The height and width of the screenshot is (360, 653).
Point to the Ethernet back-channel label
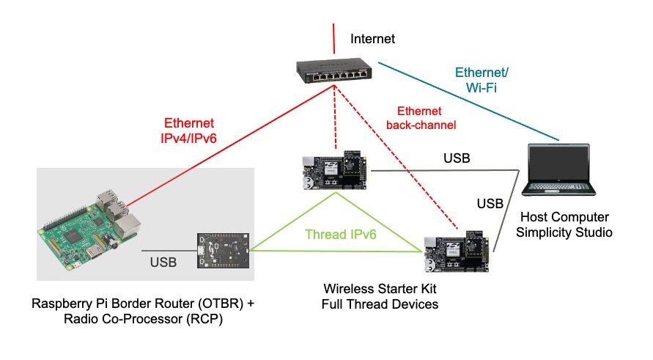click(x=421, y=118)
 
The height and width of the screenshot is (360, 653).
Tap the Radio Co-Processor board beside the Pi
click(x=224, y=253)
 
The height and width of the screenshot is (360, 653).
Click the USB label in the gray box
click(x=163, y=261)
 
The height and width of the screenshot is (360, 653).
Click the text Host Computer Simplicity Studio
click(x=564, y=225)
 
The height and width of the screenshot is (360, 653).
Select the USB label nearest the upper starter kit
click(x=457, y=158)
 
